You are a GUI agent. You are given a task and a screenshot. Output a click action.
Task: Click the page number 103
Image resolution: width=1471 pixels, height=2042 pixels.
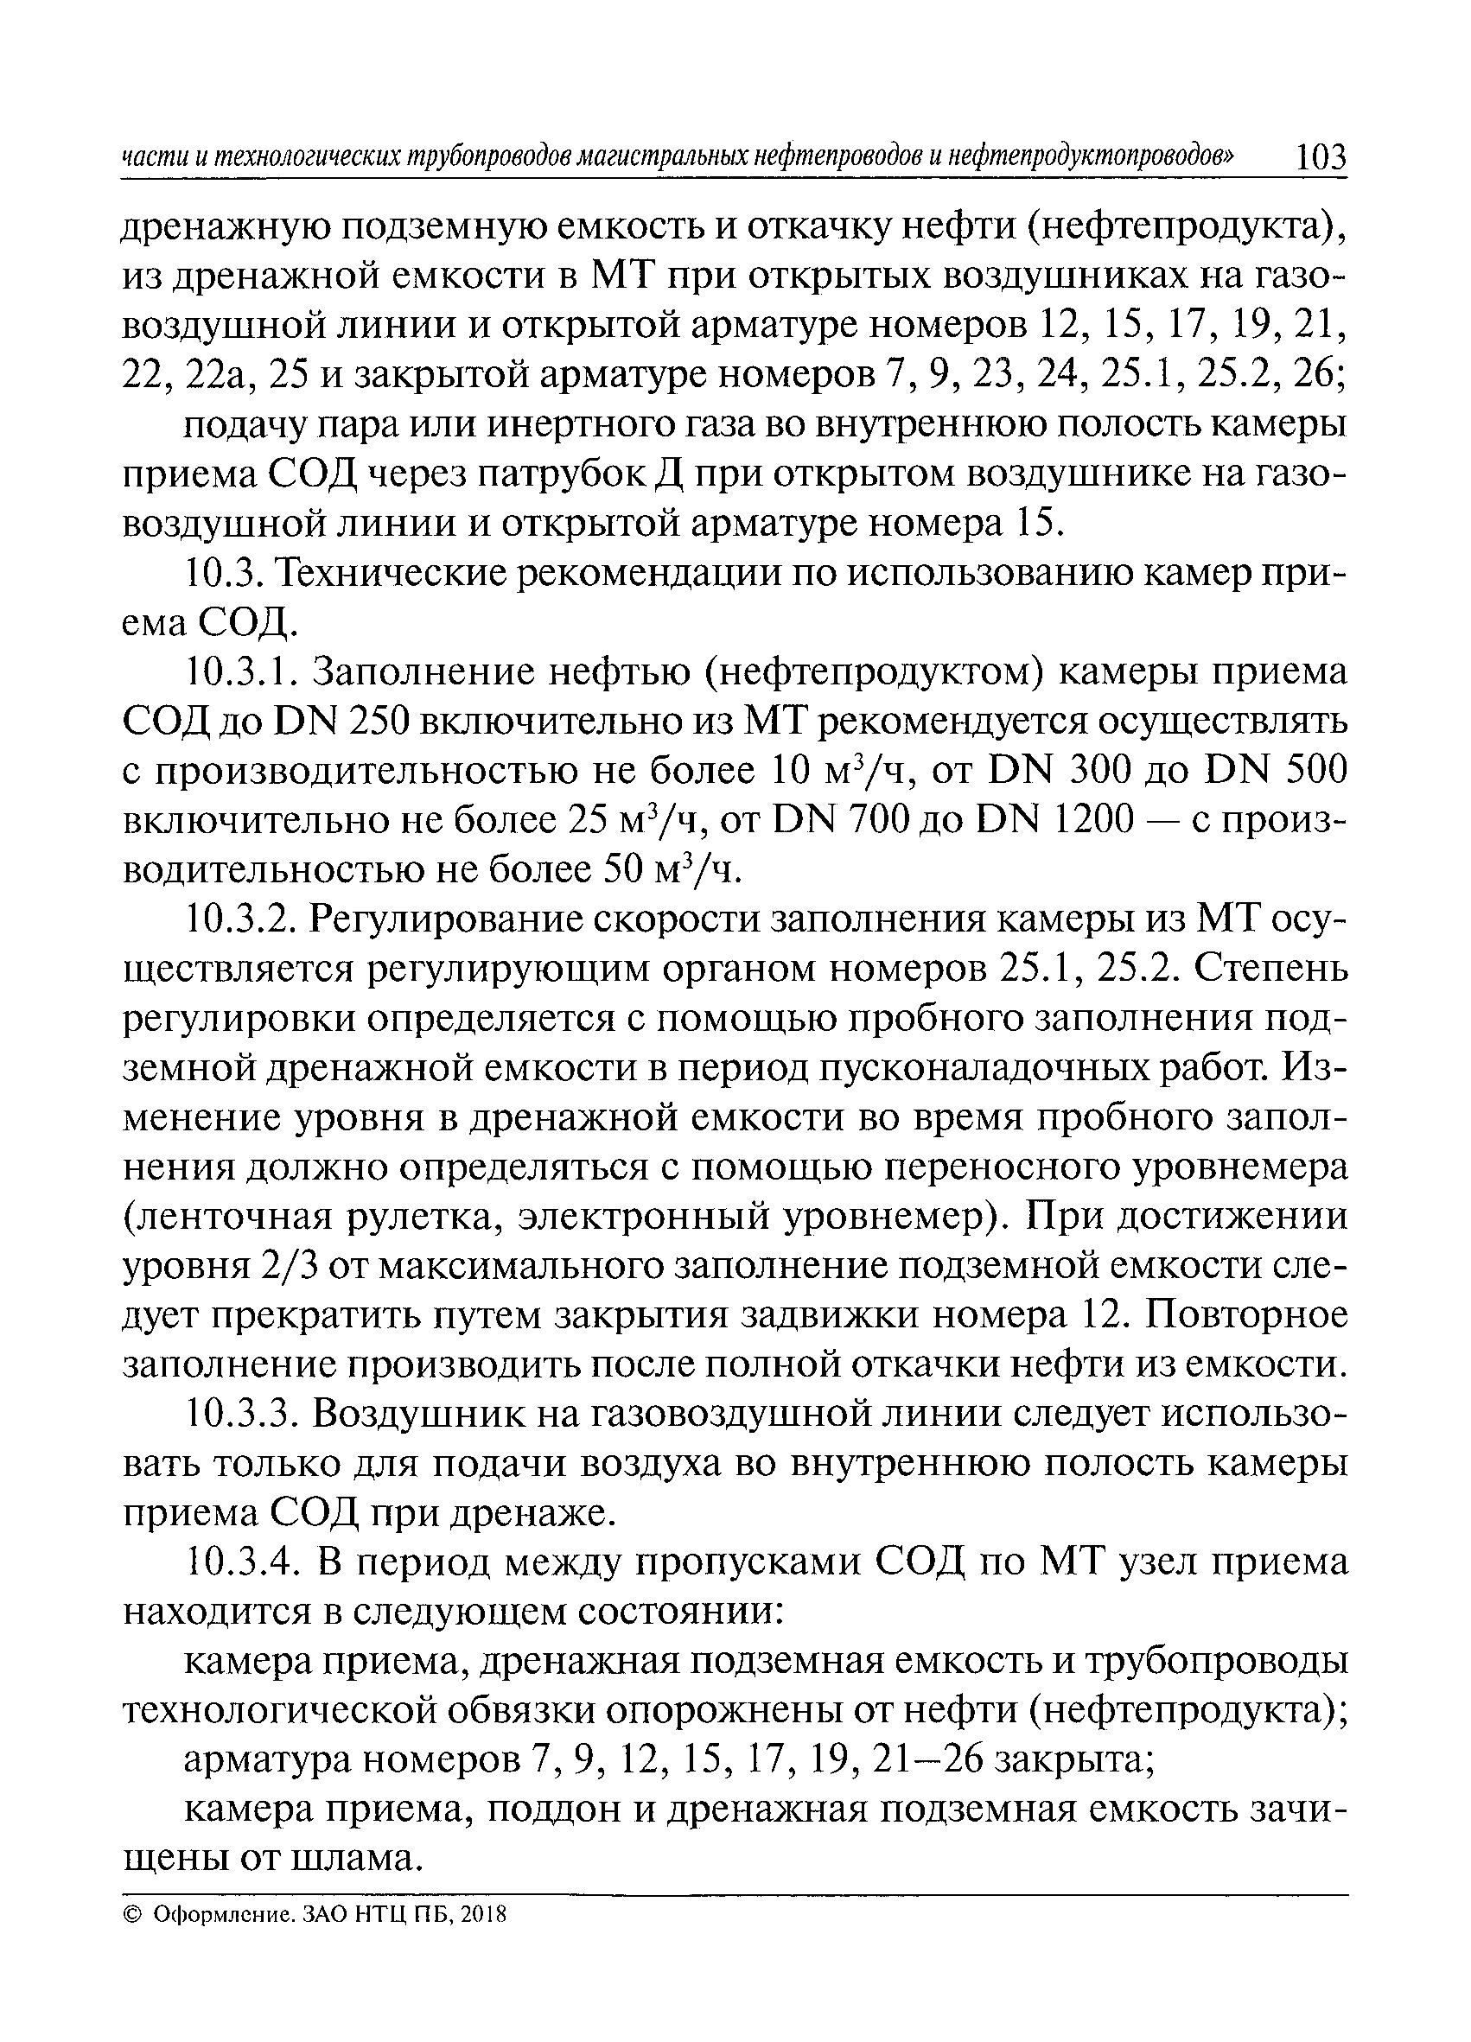click(1320, 158)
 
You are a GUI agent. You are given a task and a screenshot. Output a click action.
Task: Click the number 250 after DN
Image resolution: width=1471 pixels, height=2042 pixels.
click(372, 722)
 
